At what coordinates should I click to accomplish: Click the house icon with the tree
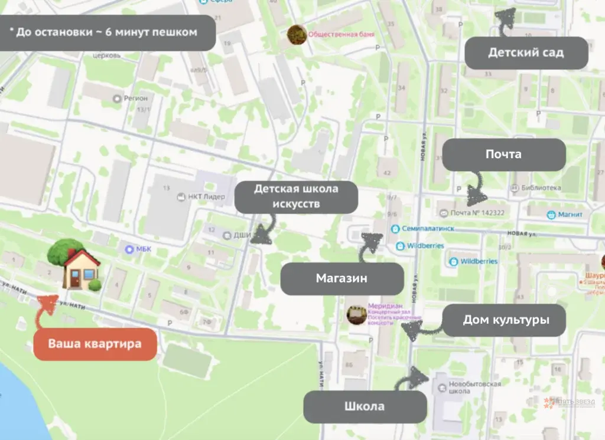(x=75, y=265)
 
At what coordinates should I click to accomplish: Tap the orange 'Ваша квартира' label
(x=95, y=343)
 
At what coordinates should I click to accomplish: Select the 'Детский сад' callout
(x=526, y=52)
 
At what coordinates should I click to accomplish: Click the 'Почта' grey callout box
(x=503, y=155)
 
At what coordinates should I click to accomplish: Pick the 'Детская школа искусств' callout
(x=296, y=196)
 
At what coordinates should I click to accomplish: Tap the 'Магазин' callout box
(x=341, y=278)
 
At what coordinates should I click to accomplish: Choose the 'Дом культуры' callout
(x=505, y=320)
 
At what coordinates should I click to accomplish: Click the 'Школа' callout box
(x=365, y=406)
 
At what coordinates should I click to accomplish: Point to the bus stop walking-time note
(x=107, y=32)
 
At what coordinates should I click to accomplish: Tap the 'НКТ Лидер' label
(x=205, y=196)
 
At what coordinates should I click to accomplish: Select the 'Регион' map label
(x=135, y=98)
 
